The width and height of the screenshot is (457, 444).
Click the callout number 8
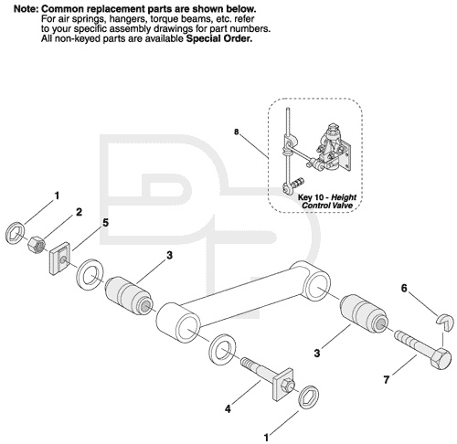click(x=237, y=132)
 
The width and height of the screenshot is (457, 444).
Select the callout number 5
click(x=105, y=223)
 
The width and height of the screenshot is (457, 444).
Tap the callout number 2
click(x=79, y=212)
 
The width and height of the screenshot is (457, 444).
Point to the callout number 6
click(x=404, y=288)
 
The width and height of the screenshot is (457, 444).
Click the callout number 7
click(x=387, y=380)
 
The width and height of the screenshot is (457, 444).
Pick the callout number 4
click(x=228, y=409)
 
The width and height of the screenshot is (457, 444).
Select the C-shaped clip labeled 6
click(x=445, y=322)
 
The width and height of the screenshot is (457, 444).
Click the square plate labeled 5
click(x=59, y=257)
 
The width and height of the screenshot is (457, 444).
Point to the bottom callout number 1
click(x=266, y=438)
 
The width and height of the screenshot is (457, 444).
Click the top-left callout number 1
click(x=57, y=196)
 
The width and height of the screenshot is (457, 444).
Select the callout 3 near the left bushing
click(x=169, y=255)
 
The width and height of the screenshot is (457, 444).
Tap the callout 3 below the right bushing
click(x=317, y=354)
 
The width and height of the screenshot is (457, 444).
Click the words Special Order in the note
click(x=219, y=38)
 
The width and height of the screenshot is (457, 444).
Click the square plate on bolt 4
click(x=282, y=385)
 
